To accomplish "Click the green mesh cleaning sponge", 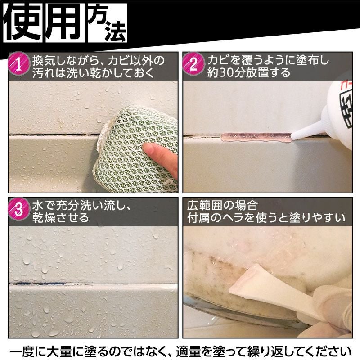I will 130,144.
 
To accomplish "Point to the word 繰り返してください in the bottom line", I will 297,350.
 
